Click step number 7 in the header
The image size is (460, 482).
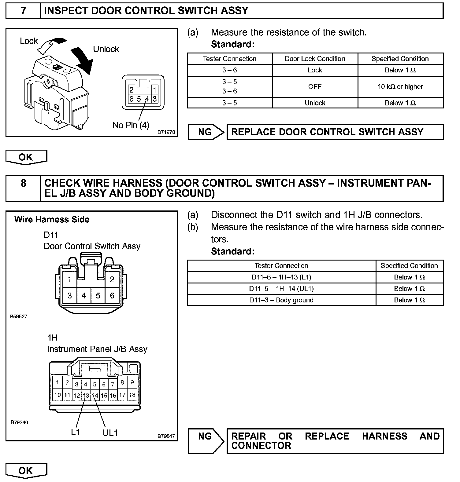click(x=23, y=11)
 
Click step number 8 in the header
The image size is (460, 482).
click(x=23, y=183)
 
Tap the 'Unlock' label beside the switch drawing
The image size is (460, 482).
click(x=106, y=49)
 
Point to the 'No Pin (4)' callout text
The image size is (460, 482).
click(x=131, y=125)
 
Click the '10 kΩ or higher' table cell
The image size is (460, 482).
click(x=400, y=87)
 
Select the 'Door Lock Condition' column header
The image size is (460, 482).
click(x=315, y=59)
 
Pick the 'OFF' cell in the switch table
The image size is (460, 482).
click(x=315, y=87)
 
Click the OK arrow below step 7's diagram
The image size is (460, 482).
click(x=26, y=157)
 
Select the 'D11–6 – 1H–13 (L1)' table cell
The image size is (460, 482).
click(x=281, y=277)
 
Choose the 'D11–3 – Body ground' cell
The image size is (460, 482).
click(x=281, y=300)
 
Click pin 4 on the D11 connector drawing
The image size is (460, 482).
click(x=84, y=295)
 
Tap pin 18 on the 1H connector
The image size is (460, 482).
click(x=132, y=395)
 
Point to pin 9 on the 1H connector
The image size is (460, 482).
click(x=132, y=382)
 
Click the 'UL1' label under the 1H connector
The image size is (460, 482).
click(x=110, y=433)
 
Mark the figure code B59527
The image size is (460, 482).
click(x=19, y=316)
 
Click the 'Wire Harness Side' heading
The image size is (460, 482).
click(x=52, y=220)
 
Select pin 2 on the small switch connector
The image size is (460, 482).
click(x=132, y=90)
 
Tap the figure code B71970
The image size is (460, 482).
click(x=166, y=132)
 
